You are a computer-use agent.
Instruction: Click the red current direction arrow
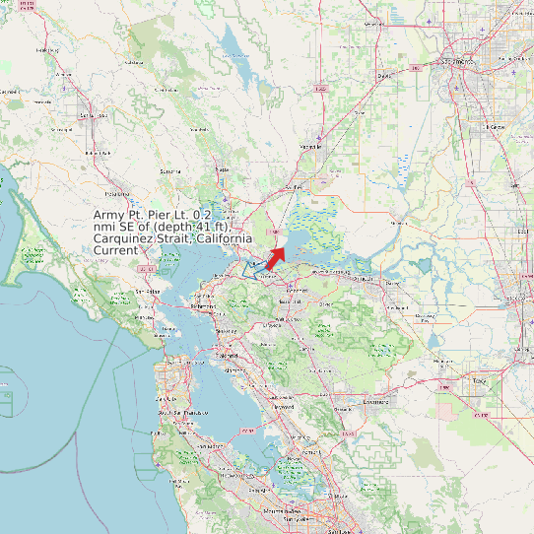[275, 258]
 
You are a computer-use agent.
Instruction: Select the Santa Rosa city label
[92, 115]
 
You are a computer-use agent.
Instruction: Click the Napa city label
[223, 169]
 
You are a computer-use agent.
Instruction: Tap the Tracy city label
[480, 379]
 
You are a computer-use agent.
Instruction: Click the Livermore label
[376, 402]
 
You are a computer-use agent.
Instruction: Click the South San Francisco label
[171, 412]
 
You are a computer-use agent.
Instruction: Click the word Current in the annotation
[115, 251]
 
